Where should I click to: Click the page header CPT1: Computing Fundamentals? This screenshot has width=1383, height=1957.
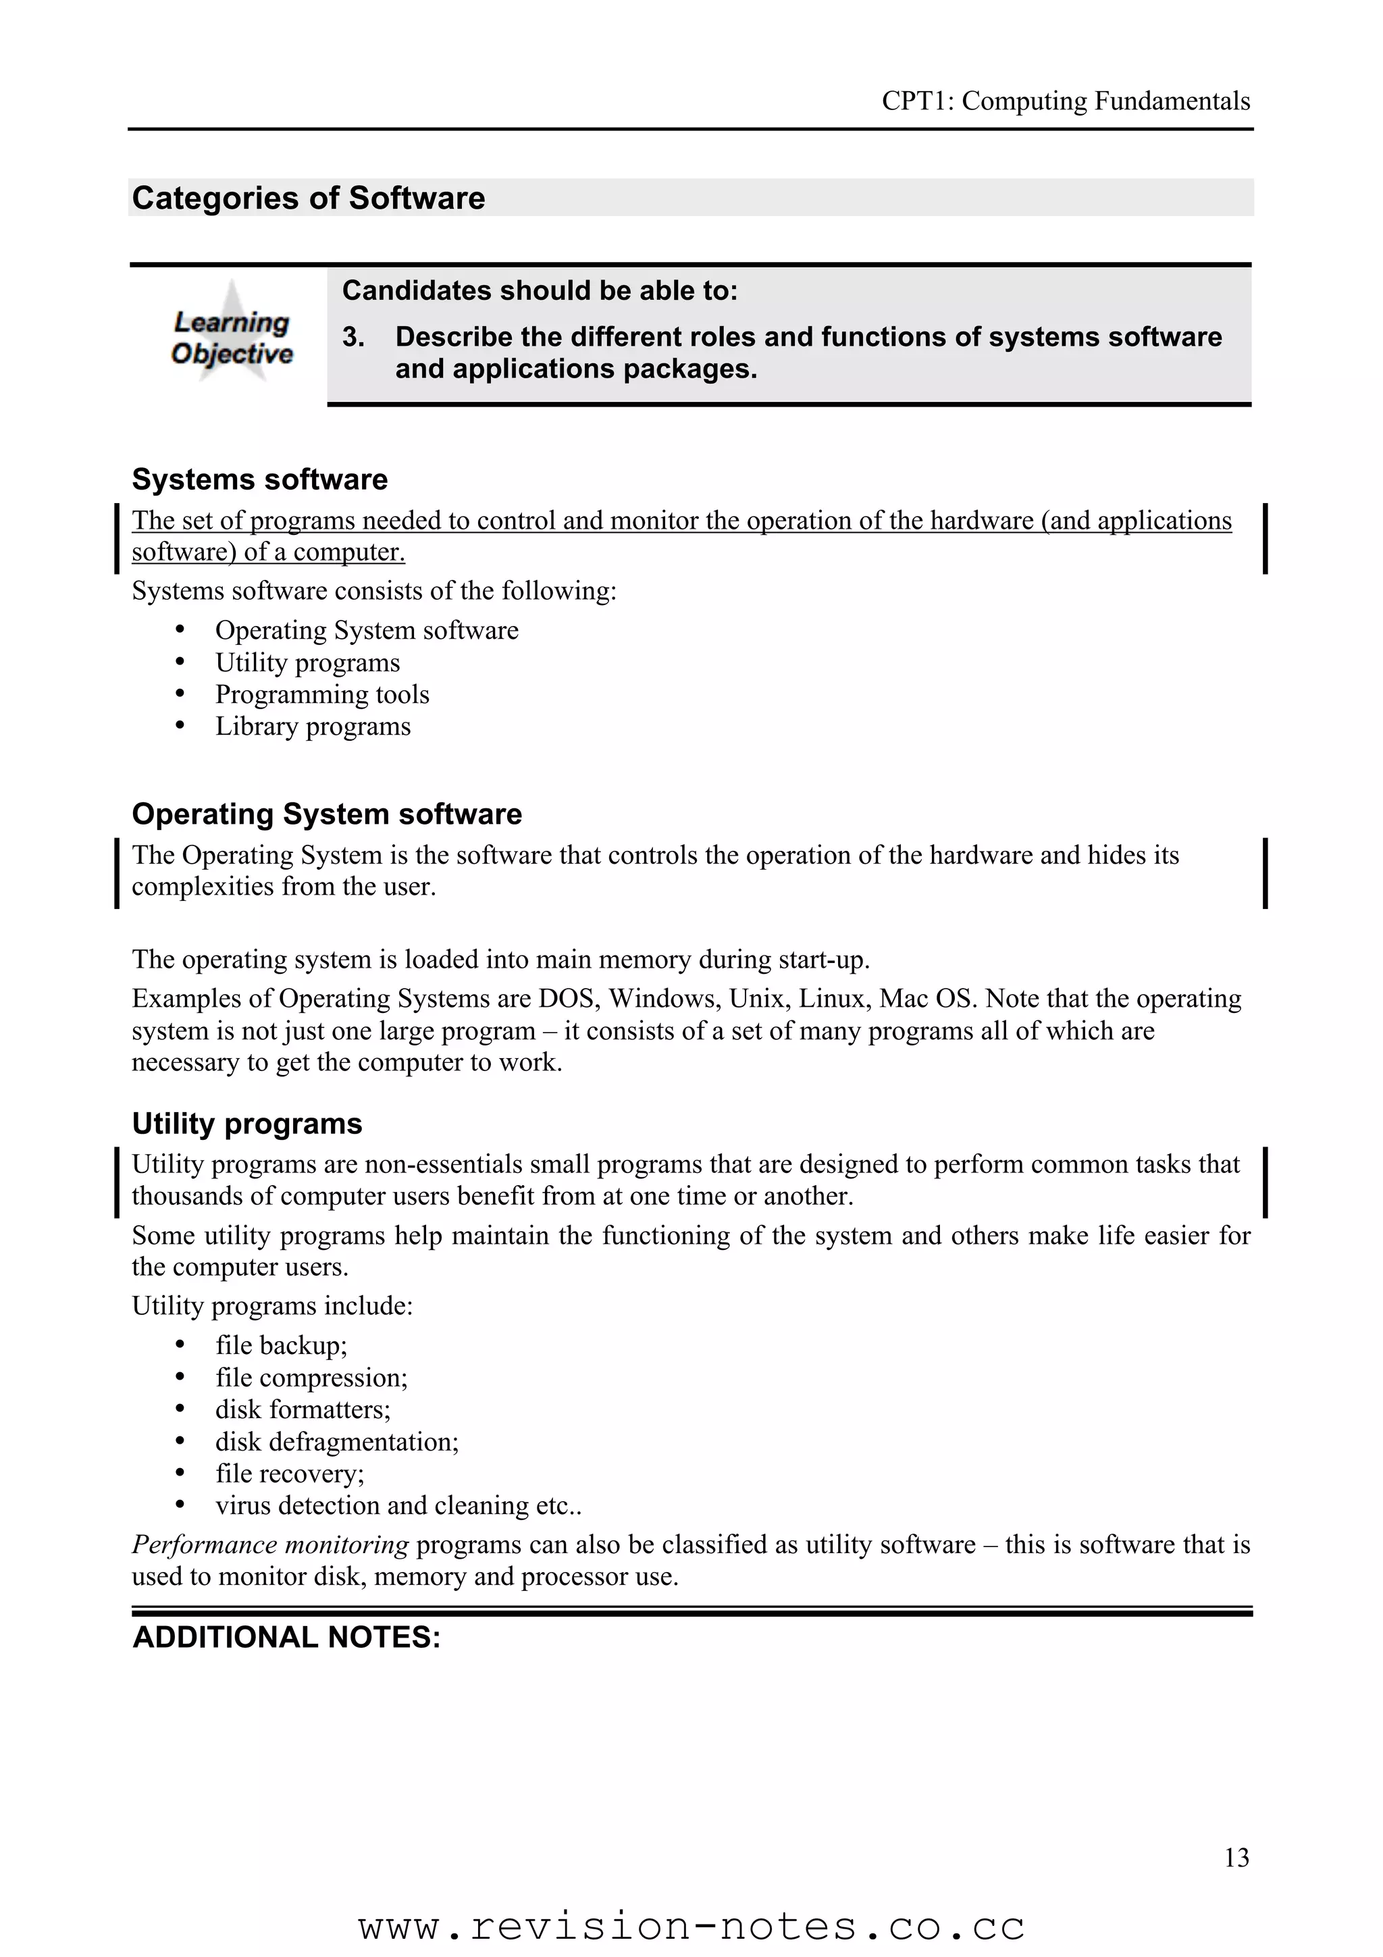click(1065, 101)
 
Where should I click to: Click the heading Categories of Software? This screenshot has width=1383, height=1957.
click(309, 198)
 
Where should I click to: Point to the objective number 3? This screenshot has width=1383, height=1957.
click(353, 338)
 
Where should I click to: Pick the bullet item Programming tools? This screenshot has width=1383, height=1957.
click(321, 695)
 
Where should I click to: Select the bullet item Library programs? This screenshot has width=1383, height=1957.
click(312, 726)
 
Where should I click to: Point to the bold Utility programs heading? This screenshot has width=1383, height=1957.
click(247, 1124)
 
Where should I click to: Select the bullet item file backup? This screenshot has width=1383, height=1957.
click(281, 1345)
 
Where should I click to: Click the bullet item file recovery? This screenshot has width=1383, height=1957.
click(289, 1473)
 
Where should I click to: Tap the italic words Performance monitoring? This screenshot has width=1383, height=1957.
click(270, 1544)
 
